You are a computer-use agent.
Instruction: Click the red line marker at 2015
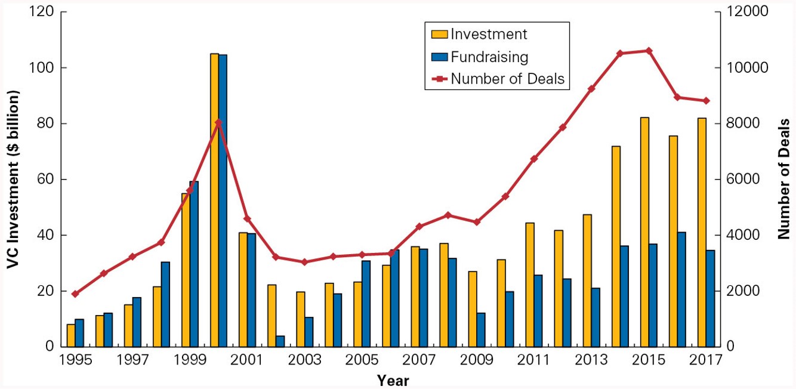pyautogui.click(x=649, y=51)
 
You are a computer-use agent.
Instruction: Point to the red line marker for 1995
pyautogui.click(x=75, y=294)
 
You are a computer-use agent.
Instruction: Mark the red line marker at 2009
pyautogui.click(x=477, y=222)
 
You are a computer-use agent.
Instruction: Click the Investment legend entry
pyautogui.click(x=489, y=34)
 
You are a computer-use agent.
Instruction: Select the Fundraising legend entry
pyautogui.click(x=489, y=57)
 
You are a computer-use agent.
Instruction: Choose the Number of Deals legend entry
pyautogui.click(x=507, y=78)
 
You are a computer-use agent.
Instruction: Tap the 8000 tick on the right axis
pyautogui.click(x=744, y=124)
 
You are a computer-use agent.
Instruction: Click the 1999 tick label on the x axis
pyautogui.click(x=190, y=361)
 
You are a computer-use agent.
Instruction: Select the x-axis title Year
pyautogui.click(x=393, y=380)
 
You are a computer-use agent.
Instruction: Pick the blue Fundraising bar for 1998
pyautogui.click(x=165, y=304)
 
